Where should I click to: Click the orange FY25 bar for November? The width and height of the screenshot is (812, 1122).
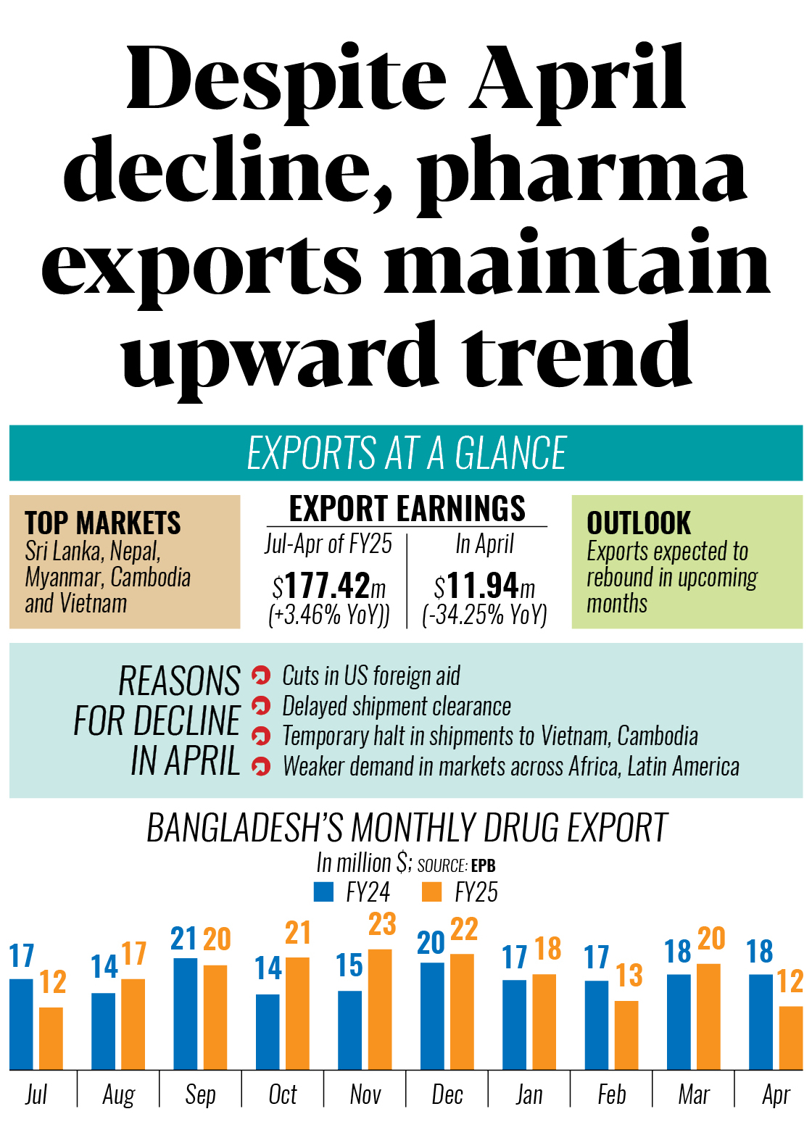(380, 1009)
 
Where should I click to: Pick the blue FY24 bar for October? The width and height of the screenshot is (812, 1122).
(268, 1031)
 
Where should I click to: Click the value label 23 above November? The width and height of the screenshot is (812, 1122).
(382, 924)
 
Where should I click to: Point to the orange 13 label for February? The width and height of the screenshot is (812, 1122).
(629, 976)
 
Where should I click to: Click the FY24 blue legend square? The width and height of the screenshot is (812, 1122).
(323, 892)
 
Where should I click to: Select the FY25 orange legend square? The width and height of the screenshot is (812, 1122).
(431, 892)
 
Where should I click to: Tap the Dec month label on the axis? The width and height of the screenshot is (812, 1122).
(447, 1094)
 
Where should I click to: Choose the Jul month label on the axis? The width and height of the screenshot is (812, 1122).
(36, 1094)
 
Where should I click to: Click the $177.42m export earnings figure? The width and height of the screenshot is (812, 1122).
(329, 586)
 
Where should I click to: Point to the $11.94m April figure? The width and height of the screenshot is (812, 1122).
(484, 586)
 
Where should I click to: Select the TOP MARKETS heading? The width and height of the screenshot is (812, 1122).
(103, 523)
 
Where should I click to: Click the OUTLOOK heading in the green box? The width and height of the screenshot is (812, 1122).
(639, 523)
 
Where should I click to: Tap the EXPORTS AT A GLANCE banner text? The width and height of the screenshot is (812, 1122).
(406, 454)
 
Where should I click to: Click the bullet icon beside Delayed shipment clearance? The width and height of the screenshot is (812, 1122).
(261, 705)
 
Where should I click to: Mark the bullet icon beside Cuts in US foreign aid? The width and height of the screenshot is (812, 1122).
(261, 676)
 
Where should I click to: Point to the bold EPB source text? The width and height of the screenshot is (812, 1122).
(484, 865)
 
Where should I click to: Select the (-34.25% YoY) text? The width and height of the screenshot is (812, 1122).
(484, 615)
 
